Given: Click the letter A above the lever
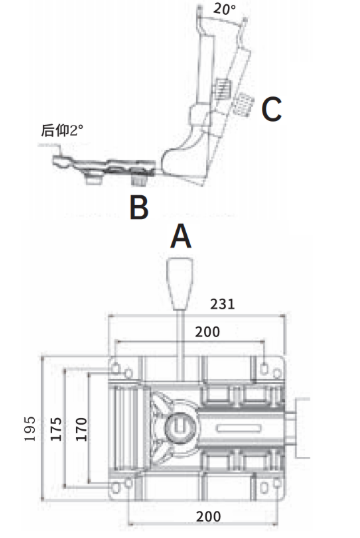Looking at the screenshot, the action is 180,236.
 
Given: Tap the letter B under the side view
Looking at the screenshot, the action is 138,207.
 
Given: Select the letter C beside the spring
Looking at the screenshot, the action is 271,109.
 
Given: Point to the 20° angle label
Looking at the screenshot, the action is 226,9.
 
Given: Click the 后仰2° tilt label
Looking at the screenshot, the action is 63,130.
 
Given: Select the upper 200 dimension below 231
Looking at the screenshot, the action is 208,331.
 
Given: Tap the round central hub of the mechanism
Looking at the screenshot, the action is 180,428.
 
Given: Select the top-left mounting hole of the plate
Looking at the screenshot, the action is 119,364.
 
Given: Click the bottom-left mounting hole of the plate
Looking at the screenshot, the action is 119,487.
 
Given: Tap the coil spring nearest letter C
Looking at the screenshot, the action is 243,101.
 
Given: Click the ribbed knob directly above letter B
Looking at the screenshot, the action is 138,181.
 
